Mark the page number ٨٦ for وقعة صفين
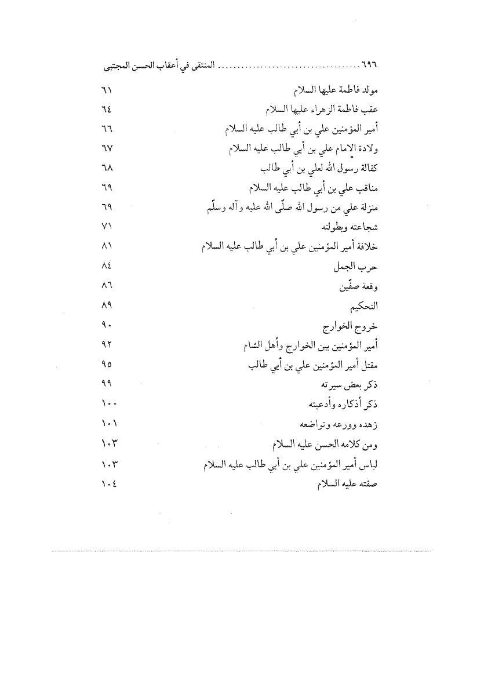pos(105,287)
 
